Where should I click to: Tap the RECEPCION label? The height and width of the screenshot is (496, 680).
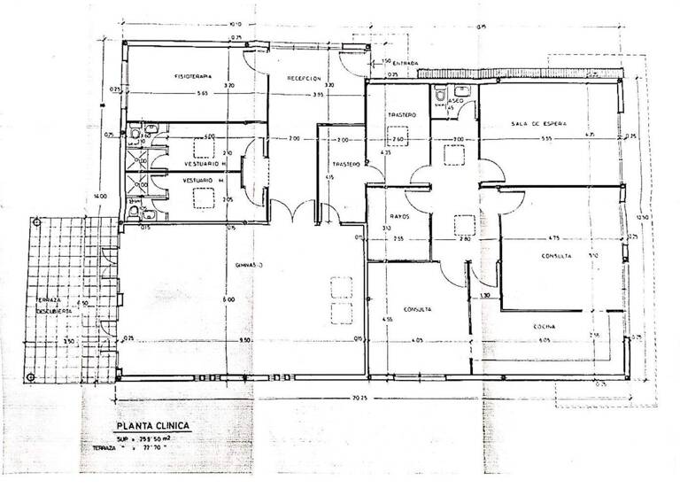point(304,78)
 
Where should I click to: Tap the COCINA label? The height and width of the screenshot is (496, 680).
point(543,327)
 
